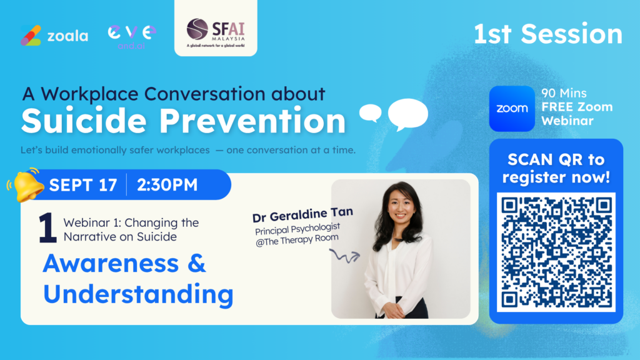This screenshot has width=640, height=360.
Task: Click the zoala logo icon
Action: pyautogui.click(x=31, y=36)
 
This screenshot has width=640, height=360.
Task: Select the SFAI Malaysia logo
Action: pyautogui.click(x=216, y=32)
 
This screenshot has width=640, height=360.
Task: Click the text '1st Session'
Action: pyautogui.click(x=547, y=34)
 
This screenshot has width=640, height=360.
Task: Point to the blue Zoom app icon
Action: pyautogui.click(x=512, y=109)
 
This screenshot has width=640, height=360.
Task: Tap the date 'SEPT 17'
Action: pyautogui.click(x=83, y=185)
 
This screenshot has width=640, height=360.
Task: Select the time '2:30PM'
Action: pyautogui.click(x=167, y=185)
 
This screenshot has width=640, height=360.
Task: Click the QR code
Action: pyautogui.click(x=556, y=252)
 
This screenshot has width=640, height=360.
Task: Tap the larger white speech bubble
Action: pyautogui.click(x=407, y=114)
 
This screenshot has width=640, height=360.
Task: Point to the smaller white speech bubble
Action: pyautogui.click(x=370, y=113)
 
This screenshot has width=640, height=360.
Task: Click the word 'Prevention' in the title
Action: pyautogui.click(x=252, y=121)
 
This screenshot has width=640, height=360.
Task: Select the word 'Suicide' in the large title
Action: pyautogui.click(x=84, y=121)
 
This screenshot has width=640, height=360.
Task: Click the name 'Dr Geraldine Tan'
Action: pyautogui.click(x=302, y=215)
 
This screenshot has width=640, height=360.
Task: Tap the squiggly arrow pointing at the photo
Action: pyautogui.click(x=345, y=256)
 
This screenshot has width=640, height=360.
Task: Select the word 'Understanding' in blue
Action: pyautogui.click(x=138, y=295)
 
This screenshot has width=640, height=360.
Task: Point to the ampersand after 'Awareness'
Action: pyautogui.click(x=197, y=263)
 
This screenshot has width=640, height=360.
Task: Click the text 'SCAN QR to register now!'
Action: pyautogui.click(x=556, y=168)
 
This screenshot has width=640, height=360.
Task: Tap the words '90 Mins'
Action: pyautogui.click(x=564, y=93)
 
